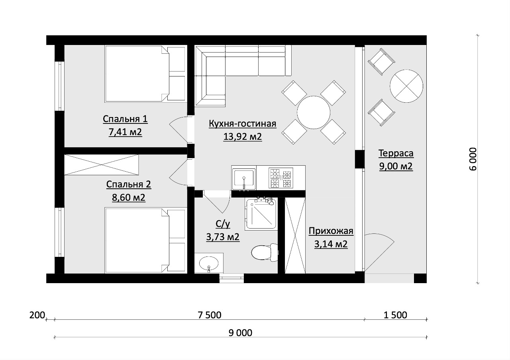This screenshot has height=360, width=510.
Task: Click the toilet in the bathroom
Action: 265,252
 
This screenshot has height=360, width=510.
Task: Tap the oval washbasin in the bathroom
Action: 209,264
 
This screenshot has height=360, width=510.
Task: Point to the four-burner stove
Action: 281,178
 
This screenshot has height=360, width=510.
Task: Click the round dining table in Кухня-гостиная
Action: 314,112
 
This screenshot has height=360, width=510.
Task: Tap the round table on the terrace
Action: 406,86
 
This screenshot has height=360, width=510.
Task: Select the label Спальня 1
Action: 125,119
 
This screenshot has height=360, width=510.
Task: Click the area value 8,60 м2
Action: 129,197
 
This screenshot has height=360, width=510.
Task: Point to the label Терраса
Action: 396,153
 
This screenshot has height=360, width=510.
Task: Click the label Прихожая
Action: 331,231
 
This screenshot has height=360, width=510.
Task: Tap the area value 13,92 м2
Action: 243,137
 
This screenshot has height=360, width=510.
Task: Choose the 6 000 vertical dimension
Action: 473,159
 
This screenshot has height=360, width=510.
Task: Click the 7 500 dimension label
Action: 210,315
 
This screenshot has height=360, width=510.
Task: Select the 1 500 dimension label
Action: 396,315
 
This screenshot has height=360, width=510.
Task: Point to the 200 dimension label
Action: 37,315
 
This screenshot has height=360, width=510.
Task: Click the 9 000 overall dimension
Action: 240,333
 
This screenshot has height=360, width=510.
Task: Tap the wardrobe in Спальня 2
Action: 101,165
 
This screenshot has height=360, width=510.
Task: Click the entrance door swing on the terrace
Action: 379,252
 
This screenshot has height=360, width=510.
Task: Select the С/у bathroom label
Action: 223,224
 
